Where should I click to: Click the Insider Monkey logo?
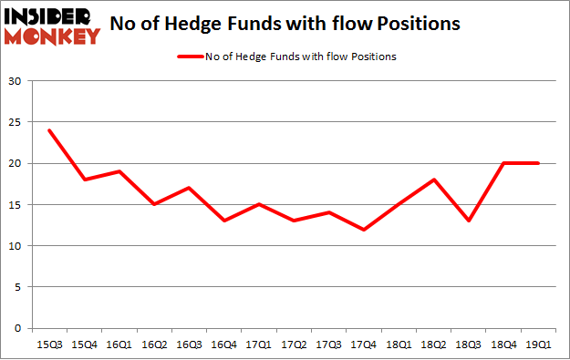tap(52, 26)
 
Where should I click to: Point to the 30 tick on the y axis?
tap(15, 82)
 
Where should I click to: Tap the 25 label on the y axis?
tap(15, 123)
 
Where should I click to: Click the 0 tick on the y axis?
tap(18, 328)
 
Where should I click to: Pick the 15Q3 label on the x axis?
tap(49, 344)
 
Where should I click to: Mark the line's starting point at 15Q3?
tap(49, 130)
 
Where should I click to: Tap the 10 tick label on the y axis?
tap(15, 246)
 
